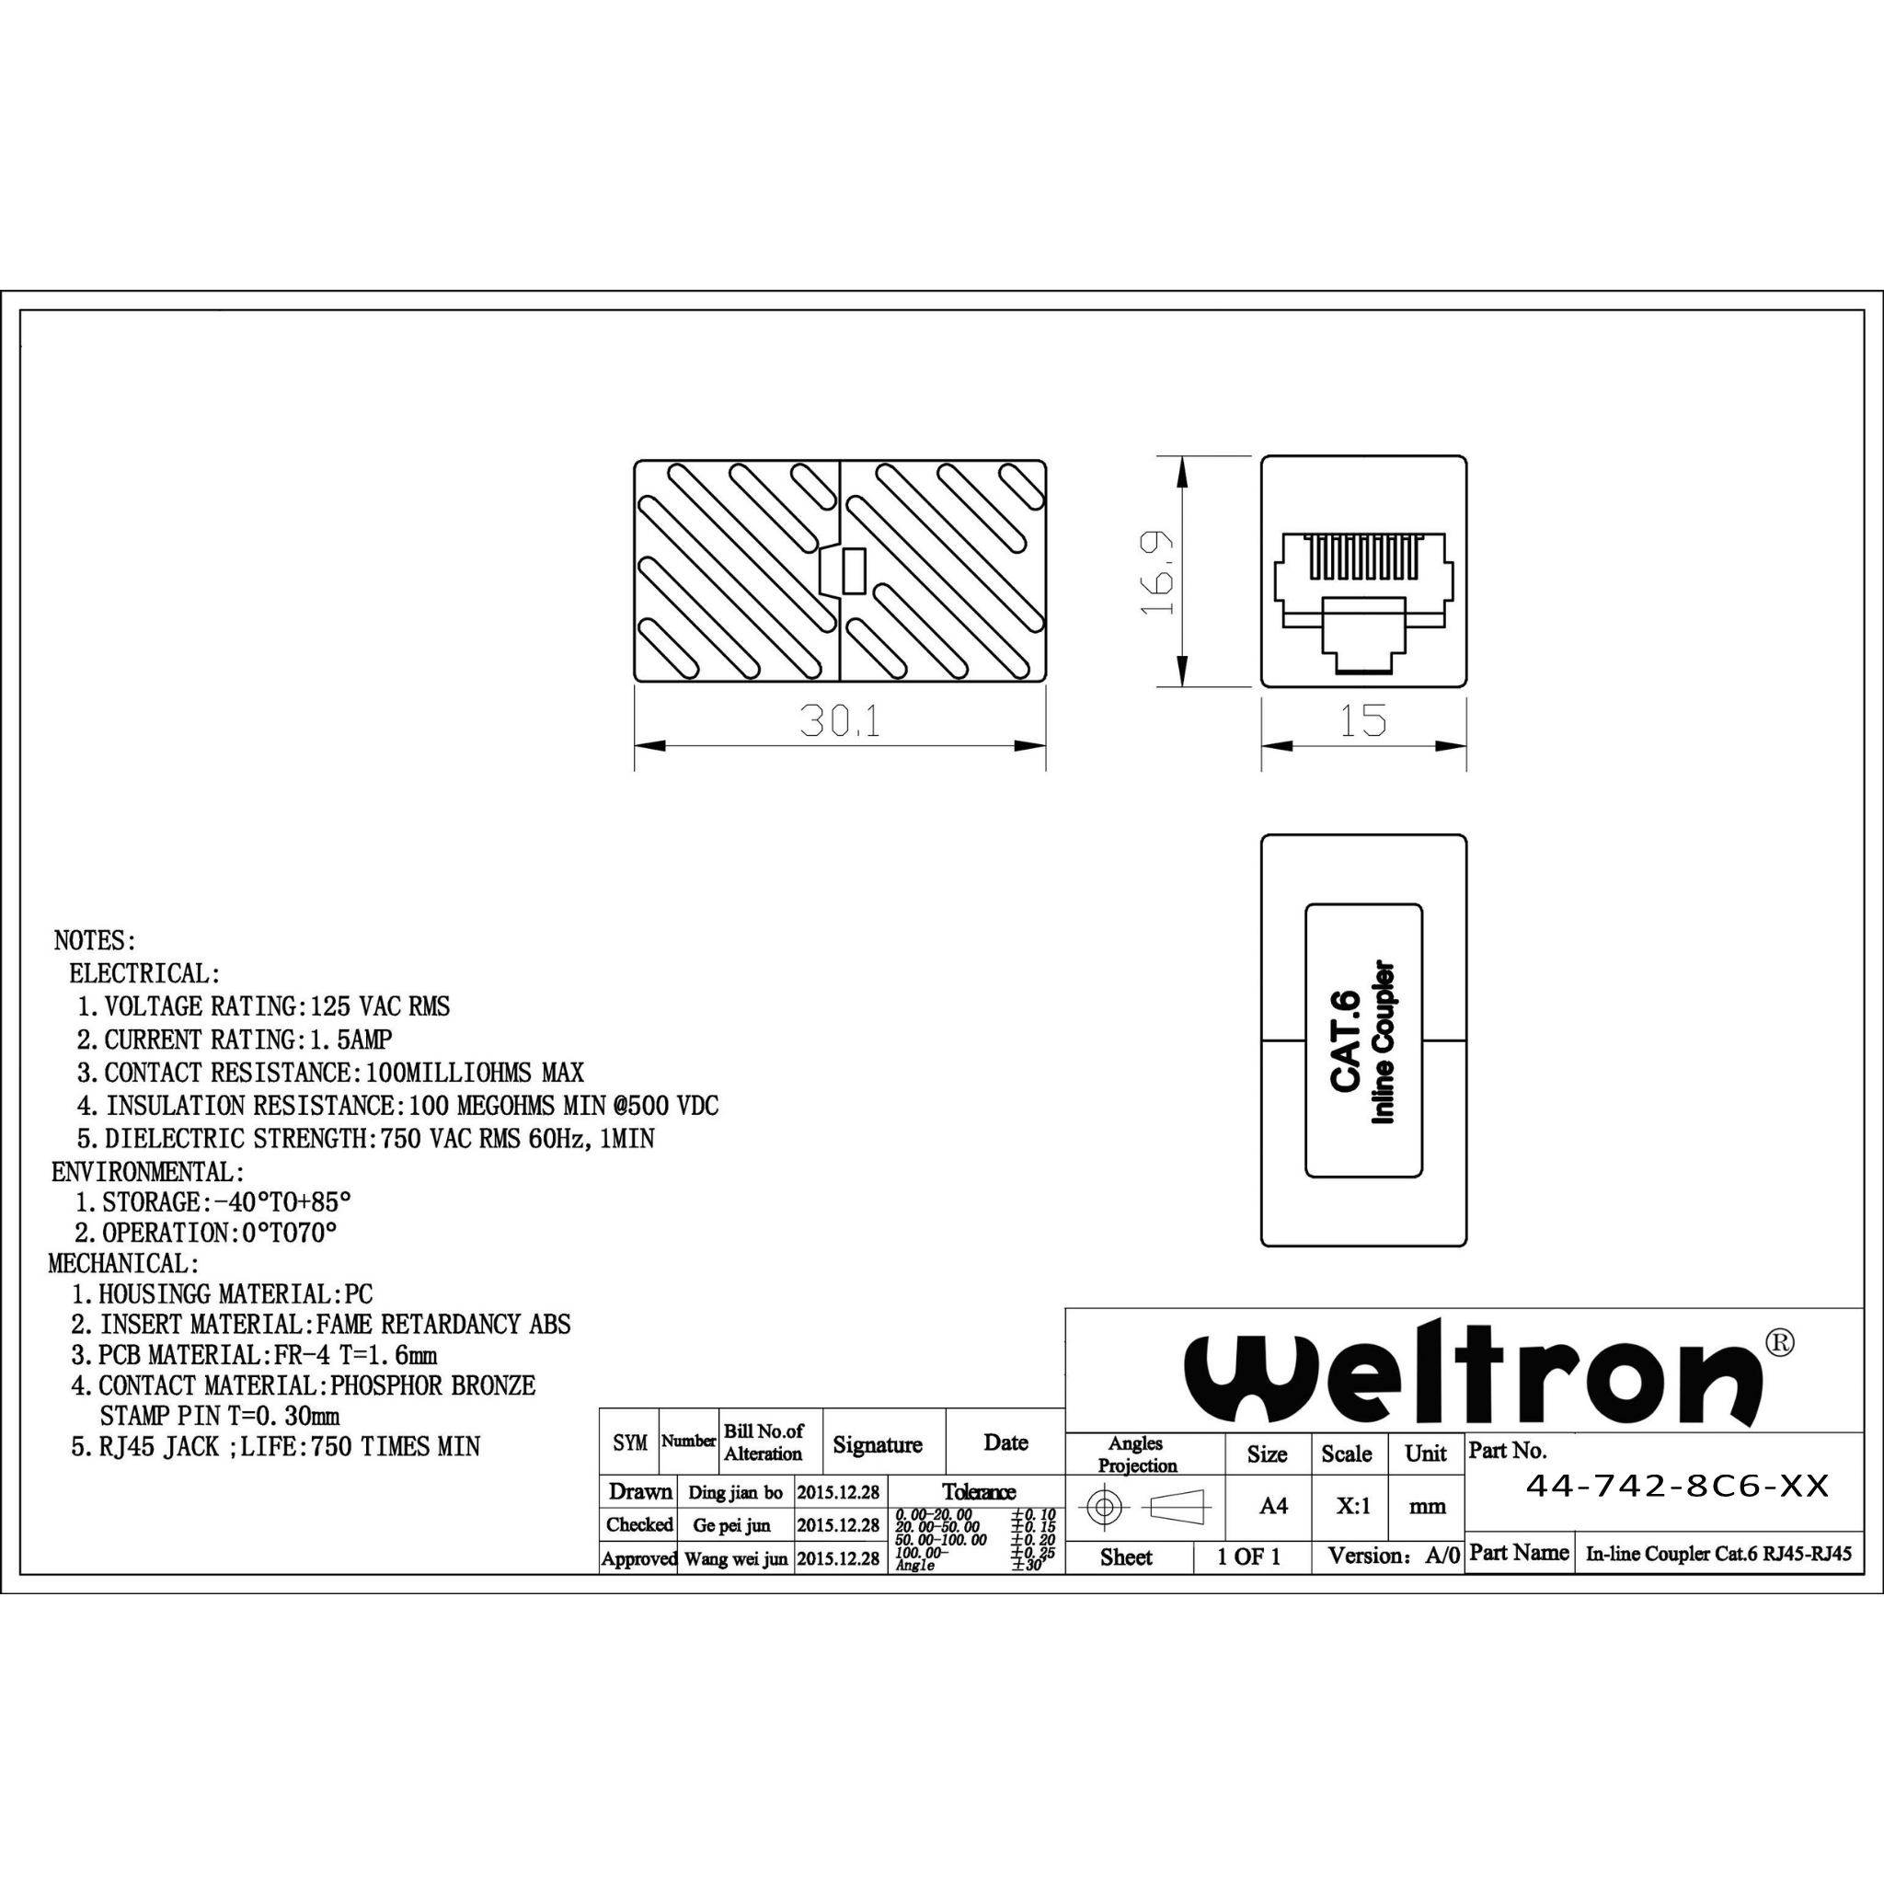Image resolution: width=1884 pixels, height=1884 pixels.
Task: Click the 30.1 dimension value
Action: coord(840,720)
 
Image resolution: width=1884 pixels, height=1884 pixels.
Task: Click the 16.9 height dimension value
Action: coord(1157,572)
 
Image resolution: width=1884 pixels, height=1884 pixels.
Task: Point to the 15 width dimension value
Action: coord(1362,720)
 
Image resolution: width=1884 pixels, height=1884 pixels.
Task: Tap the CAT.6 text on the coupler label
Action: coord(1346,1040)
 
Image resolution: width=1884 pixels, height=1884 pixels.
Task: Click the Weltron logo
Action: coord(1473,1373)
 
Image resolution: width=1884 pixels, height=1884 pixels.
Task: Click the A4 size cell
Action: coord(1273,1506)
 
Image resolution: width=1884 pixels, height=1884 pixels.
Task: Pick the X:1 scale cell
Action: coord(1353,1506)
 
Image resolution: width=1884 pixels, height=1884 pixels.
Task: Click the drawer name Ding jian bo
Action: coord(735,1492)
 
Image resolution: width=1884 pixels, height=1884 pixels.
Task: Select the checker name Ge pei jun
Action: coord(731,1525)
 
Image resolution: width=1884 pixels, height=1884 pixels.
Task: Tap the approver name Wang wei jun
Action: coord(735,1558)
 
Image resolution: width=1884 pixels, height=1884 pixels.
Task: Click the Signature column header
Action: coord(877,1444)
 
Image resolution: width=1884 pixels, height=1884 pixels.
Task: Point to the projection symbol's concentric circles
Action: coord(1104,1507)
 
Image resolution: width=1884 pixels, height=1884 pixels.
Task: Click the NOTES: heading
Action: coord(96,941)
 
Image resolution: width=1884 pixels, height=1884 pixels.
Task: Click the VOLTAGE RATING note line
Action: coord(263,1006)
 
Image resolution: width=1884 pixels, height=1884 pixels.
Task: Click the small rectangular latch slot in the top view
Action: coord(854,571)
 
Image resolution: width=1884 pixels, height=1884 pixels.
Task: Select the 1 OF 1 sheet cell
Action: coord(1248,1557)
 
